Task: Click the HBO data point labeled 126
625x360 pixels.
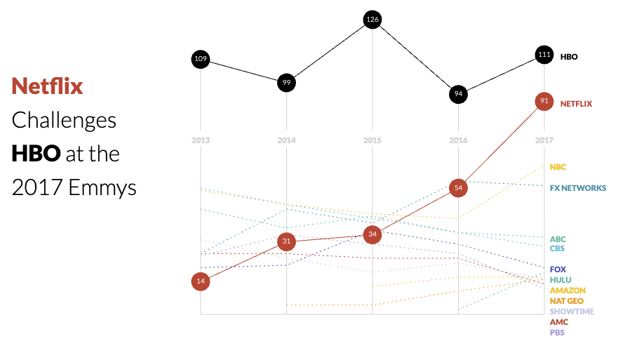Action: [372, 20]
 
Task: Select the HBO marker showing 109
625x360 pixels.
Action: [201, 59]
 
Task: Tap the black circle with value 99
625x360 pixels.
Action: [286, 82]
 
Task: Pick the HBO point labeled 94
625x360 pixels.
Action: [458, 94]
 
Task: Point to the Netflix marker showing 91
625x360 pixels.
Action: [544, 101]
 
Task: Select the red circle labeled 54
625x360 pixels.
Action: [458, 188]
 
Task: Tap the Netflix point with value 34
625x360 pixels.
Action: [372, 234]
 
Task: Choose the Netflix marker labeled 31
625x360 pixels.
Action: [286, 241]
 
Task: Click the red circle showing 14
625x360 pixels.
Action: [201, 281]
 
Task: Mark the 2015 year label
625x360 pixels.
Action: [372, 140]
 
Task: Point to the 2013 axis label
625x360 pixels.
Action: [201, 140]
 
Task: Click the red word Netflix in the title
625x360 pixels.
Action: [47, 86]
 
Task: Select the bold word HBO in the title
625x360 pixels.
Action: [36, 153]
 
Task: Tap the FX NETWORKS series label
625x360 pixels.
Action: [578, 189]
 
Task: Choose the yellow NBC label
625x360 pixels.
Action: [558, 167]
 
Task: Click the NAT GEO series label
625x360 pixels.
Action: [567, 301]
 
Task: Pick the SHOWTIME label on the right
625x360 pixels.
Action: [572, 312]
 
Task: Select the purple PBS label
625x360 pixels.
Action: [558, 333]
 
